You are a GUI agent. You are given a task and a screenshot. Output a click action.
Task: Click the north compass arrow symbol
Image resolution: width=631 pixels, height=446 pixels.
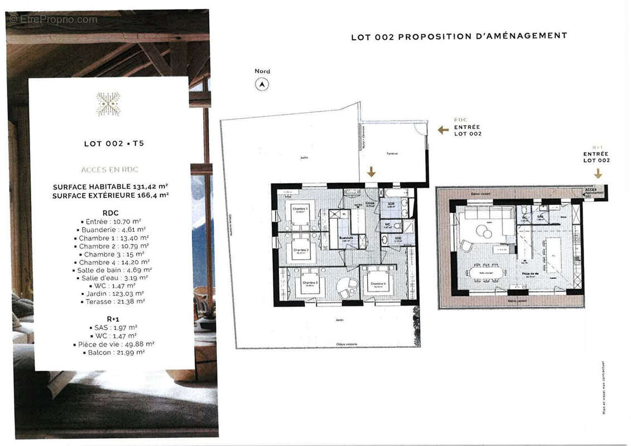(x=262, y=84)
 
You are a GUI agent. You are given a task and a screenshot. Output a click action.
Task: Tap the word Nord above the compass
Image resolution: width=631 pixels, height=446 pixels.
(x=262, y=71)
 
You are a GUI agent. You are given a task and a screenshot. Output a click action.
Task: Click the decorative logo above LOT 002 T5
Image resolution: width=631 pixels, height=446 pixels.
(x=108, y=104)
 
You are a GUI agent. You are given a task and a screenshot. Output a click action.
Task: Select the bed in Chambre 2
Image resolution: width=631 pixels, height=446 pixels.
(x=301, y=251)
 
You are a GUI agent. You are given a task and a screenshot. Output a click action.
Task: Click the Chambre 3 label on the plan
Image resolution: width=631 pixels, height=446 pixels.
(x=310, y=283)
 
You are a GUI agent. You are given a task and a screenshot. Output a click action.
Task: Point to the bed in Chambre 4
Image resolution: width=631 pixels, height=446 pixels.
(x=378, y=284)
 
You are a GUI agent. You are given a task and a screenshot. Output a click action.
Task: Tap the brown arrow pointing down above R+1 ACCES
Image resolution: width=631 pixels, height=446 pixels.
(x=598, y=173)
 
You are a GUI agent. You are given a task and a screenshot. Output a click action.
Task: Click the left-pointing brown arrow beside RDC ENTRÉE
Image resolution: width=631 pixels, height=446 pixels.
(x=443, y=130)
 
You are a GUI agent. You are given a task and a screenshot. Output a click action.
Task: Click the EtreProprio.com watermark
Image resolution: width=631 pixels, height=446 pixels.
(x=53, y=20)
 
